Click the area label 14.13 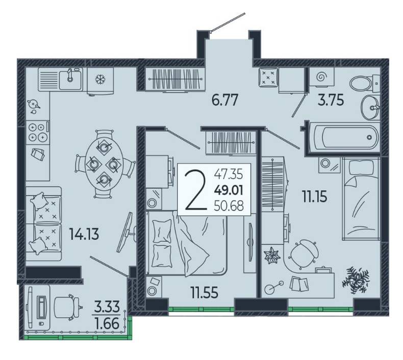point(84,235)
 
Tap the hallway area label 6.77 point(225,100)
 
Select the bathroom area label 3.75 point(331,100)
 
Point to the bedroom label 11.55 point(205,292)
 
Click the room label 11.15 point(315,197)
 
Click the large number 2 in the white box point(196,190)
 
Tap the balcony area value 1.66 point(107,323)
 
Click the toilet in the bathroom point(365,83)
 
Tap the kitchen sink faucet point(70,75)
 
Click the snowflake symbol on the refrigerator point(99,80)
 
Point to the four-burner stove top point(38,132)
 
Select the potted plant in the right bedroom point(357,280)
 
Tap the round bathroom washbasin point(370,107)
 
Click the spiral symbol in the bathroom point(321,76)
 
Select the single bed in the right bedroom point(361,199)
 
